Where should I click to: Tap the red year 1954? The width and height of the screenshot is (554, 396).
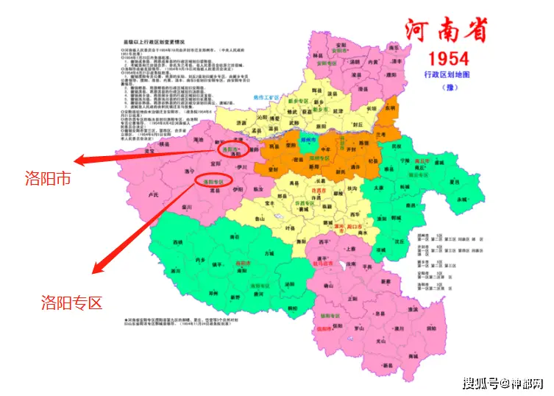click(x=448, y=58)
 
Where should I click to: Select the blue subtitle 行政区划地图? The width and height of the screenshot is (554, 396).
click(x=448, y=75)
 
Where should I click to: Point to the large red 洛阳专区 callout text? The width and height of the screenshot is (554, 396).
click(x=71, y=302)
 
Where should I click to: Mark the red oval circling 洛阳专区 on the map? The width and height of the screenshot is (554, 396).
click(x=213, y=180)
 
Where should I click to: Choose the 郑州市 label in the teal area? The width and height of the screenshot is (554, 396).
click(x=309, y=139)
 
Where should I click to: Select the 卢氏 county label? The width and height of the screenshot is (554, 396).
click(x=153, y=195)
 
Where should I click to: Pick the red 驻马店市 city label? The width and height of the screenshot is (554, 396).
click(x=323, y=263)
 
